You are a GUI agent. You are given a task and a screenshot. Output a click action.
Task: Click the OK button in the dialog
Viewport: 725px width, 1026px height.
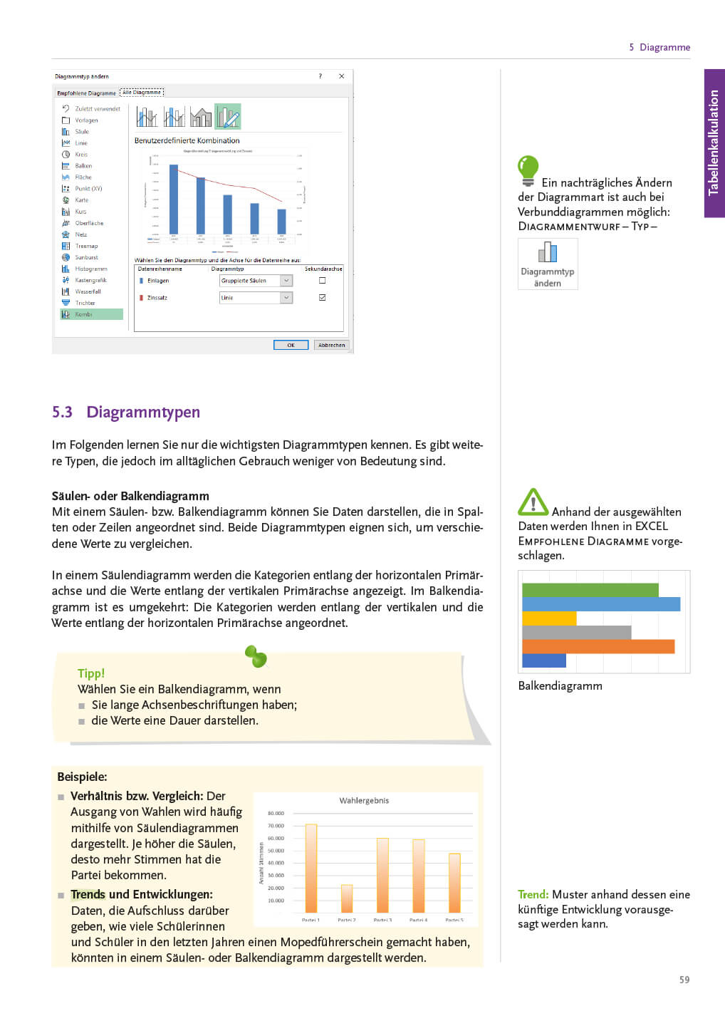click(291, 345)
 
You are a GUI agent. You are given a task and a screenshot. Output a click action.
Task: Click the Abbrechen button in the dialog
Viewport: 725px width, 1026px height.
click(331, 345)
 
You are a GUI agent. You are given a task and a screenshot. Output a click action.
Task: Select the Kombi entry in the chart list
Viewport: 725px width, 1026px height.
click(91, 314)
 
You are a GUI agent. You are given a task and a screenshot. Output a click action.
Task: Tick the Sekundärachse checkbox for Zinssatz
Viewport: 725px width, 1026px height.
click(323, 297)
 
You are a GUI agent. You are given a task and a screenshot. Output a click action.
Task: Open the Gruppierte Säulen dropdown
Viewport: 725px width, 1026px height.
click(286, 281)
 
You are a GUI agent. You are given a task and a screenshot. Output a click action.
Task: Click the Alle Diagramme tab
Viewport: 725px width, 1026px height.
click(142, 92)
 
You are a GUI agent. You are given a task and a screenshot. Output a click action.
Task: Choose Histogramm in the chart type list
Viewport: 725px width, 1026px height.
click(90, 269)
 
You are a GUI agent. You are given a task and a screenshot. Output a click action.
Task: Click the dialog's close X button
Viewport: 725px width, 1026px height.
click(342, 76)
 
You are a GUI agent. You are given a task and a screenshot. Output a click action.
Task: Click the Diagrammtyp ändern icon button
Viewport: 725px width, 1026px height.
click(548, 263)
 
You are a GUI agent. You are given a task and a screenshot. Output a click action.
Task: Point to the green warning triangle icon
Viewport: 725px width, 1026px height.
click(533, 502)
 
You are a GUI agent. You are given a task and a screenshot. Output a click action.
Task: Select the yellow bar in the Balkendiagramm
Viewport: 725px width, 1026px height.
click(548, 618)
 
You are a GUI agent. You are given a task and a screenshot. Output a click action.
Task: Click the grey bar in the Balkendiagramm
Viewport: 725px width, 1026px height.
click(576, 633)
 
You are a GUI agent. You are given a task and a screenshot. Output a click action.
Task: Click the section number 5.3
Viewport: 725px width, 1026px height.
click(62, 412)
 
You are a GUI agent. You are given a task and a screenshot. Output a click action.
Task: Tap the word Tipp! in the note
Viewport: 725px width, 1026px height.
click(91, 673)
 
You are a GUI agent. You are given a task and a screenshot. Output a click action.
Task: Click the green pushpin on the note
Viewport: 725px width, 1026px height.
click(256, 656)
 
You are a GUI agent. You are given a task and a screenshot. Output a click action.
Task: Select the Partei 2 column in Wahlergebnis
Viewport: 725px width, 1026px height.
click(347, 898)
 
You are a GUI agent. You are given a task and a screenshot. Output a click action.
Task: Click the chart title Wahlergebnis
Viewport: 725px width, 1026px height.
click(364, 801)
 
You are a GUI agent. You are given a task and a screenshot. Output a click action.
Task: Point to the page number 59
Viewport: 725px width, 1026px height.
click(684, 980)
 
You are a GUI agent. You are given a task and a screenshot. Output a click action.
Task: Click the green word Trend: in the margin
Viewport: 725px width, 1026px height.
click(533, 894)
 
